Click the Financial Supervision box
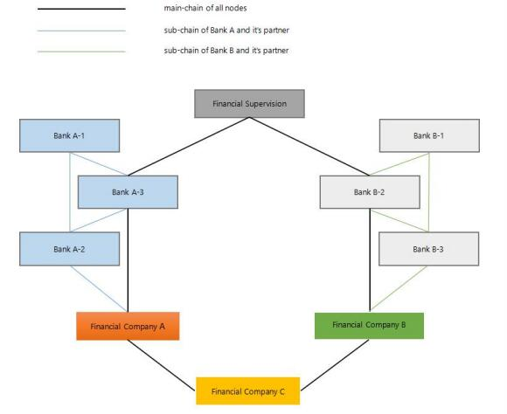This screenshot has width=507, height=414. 249,104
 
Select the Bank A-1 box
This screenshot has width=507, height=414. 70,135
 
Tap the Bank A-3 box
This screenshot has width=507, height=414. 128,192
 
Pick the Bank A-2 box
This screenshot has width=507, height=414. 70,249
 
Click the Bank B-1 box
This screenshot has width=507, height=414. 429,135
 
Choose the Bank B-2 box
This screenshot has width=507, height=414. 370,192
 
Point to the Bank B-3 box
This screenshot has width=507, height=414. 428,249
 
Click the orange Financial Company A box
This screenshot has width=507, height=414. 128,326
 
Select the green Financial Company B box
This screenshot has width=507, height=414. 369,326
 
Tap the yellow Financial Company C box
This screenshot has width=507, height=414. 248,391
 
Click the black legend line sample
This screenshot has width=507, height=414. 81,9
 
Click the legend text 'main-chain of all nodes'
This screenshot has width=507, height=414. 205,8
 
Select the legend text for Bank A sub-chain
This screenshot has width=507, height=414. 226,30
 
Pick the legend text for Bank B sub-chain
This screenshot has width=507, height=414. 226,51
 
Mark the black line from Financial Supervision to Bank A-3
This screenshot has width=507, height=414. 189,147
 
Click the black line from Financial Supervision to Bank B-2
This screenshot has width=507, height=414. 309,147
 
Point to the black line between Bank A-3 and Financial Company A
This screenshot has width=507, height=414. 128,260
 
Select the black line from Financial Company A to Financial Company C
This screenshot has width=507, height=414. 162,365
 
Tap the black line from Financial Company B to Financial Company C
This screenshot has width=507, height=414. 335,365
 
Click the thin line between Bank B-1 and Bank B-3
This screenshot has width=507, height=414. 429,192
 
